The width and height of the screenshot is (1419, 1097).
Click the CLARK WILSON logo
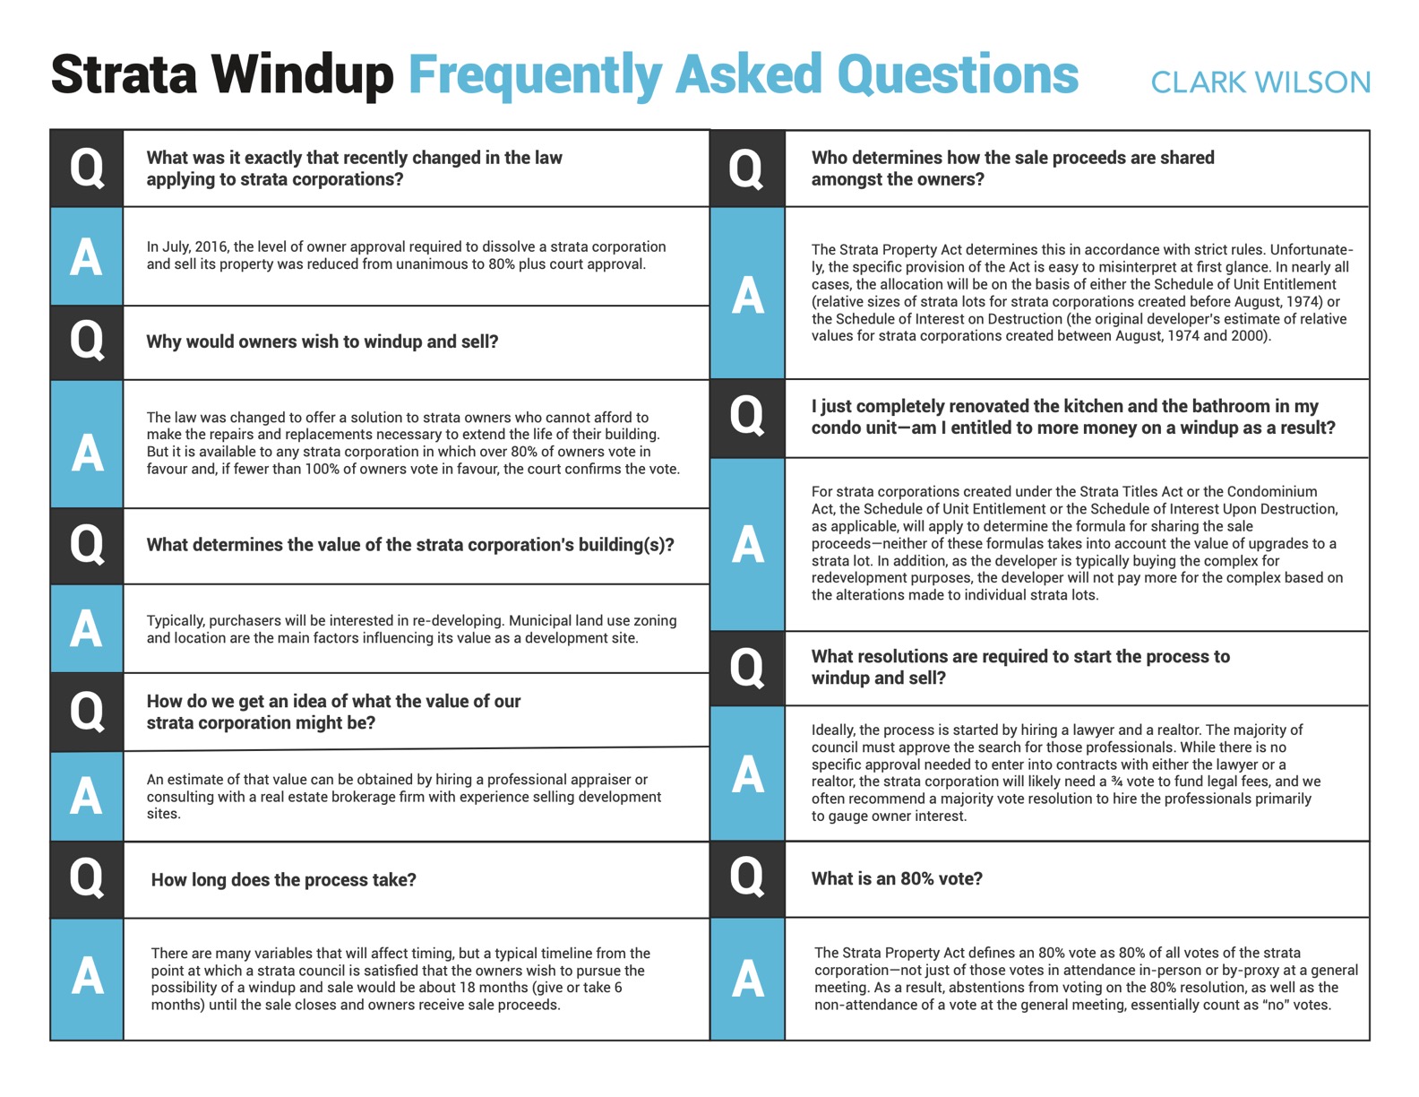pyautogui.click(x=1260, y=82)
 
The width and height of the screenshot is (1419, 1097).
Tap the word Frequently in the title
pyautogui.click(x=535, y=75)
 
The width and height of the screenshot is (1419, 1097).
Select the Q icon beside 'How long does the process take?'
pyautogui.click(x=87, y=878)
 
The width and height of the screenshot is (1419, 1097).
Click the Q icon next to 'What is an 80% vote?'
pyautogui.click(x=747, y=877)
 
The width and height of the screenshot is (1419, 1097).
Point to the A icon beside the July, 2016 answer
pyautogui.click(x=87, y=257)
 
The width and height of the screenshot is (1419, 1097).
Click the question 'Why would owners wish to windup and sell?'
pyautogui.click(x=322, y=341)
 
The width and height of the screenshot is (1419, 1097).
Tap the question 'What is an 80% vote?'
pyautogui.click(x=897, y=878)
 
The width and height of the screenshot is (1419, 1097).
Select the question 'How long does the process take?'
pyautogui.click(x=283, y=879)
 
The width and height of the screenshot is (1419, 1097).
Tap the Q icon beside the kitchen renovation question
pyautogui.click(x=747, y=417)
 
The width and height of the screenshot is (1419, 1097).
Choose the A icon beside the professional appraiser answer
pyautogui.click(x=87, y=796)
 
